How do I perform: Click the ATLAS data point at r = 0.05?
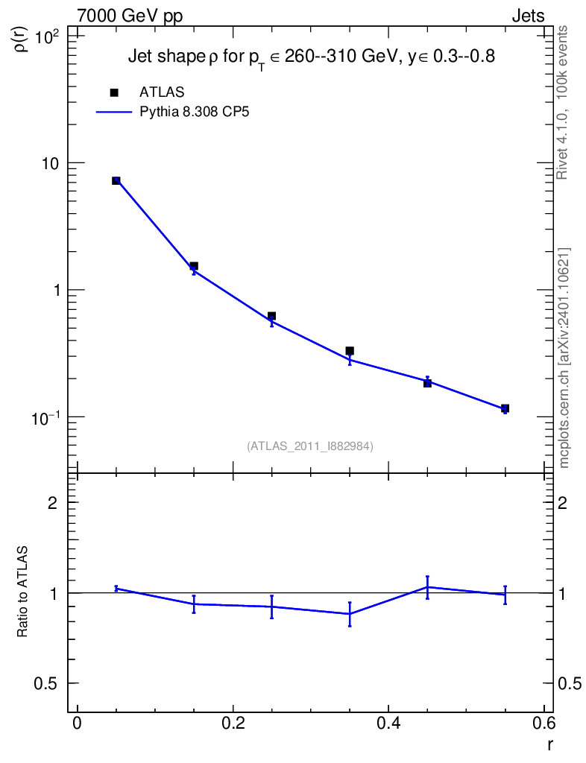point(116,180)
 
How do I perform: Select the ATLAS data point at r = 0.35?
point(350,350)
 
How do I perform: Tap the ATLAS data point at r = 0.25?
point(271,316)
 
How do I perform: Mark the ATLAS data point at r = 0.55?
point(505,408)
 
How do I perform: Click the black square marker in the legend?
point(114,92)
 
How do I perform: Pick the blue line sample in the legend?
point(114,113)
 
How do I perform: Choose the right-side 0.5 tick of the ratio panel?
point(570,683)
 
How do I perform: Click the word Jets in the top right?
point(527,16)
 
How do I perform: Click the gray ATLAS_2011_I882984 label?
point(310,446)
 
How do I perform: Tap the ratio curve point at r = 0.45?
point(427,587)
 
